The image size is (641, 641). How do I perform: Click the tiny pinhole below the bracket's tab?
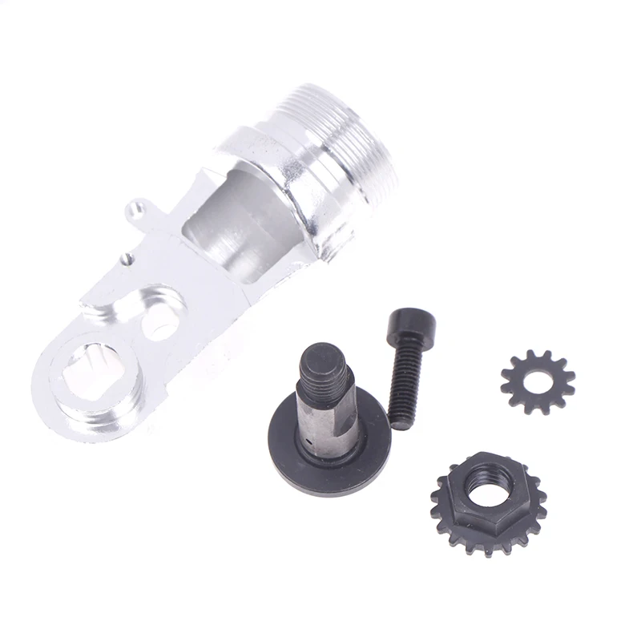pos(126,258)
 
